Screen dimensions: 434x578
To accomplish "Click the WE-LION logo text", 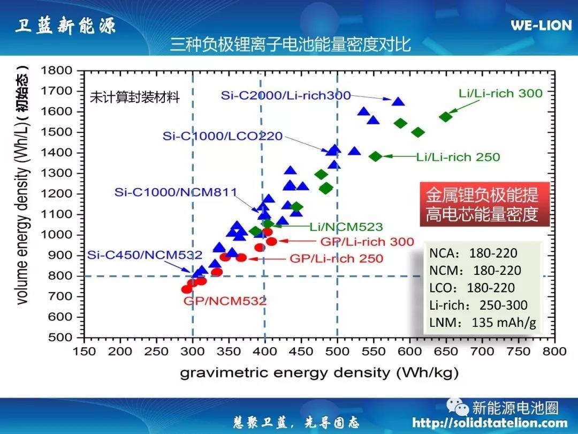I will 541,25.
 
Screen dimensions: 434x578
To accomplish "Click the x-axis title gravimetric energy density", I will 319,372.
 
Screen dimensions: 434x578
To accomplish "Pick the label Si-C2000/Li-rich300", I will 286,95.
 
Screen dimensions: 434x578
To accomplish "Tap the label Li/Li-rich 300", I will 500,93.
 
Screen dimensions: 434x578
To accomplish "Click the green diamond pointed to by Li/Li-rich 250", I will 375,156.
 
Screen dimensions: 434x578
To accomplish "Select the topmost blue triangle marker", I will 398,102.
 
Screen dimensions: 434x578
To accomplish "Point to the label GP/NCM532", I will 225,301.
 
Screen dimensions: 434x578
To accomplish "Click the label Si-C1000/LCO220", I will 223,136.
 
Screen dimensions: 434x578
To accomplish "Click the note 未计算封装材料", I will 135,97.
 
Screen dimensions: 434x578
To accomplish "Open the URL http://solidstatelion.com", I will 490,423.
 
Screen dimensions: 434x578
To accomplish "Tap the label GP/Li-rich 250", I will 336,258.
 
